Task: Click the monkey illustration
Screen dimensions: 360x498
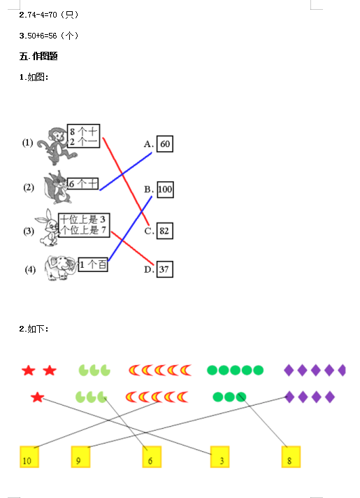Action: coord(56,146)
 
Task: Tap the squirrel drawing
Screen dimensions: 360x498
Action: coord(57,187)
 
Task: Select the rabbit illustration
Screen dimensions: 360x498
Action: coord(48,227)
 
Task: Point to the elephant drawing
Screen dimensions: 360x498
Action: coord(61,268)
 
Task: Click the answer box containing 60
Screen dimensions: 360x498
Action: coord(165,144)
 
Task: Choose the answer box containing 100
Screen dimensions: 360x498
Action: coord(165,190)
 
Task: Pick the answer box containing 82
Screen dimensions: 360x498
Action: coord(165,231)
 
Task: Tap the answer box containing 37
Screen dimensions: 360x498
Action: coord(165,269)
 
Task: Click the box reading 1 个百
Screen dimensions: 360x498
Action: coord(93,264)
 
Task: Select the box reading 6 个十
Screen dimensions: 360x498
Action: coord(83,183)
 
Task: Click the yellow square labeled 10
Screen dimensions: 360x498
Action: coord(29,457)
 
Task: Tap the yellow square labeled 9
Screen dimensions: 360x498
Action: coord(80,457)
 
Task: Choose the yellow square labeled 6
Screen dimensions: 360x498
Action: coord(152,457)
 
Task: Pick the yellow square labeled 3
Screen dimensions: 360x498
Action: coord(219,457)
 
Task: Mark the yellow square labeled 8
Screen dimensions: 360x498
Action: coord(291,457)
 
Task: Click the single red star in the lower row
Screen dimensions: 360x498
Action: coord(37,397)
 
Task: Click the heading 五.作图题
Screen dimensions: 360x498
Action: coord(38,56)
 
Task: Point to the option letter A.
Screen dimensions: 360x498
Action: coord(149,144)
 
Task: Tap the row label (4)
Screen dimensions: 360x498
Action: coord(30,270)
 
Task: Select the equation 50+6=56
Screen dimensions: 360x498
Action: coord(42,36)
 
